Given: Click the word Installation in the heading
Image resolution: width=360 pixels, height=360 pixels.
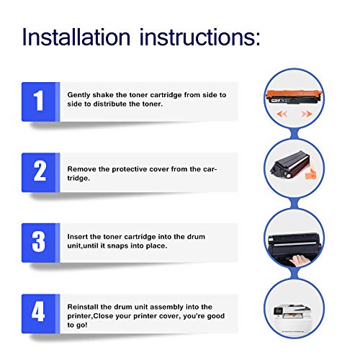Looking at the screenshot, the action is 76,37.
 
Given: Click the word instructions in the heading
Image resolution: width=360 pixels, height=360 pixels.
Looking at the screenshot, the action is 199,37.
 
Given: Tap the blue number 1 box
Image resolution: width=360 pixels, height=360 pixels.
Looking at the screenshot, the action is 40,102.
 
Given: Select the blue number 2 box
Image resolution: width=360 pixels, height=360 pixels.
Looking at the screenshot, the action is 40,172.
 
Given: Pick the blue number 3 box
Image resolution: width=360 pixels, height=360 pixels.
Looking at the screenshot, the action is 40,243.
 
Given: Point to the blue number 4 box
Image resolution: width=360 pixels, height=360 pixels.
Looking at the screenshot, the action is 40,313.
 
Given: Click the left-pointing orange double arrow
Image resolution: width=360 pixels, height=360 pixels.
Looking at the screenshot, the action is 282,114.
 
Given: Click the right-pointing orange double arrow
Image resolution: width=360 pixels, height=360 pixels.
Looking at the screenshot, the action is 307,114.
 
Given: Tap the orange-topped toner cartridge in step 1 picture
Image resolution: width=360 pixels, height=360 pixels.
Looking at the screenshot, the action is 294,96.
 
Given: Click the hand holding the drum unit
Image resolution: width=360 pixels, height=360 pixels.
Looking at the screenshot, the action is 298,260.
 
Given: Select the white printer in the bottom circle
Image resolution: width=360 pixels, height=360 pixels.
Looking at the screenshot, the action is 292,318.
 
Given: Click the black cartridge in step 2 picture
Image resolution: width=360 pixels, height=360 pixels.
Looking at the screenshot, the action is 290,165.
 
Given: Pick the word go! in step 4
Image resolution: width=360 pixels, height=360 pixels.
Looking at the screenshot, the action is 81,325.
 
